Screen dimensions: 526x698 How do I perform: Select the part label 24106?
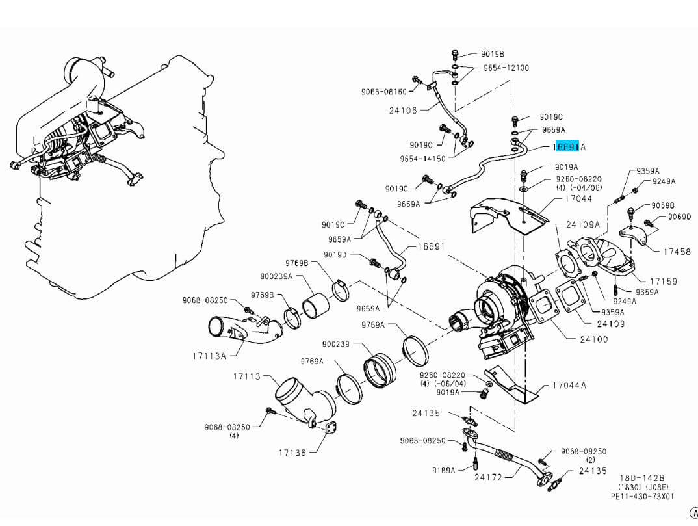pos(403,111)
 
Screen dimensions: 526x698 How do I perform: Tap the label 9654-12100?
pos(506,68)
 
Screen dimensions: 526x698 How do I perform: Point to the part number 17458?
pos(677,252)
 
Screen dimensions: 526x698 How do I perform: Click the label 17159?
pos(664,282)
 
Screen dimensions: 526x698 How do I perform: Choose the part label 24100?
pos(594,339)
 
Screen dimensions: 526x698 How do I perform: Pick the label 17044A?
pos(569,385)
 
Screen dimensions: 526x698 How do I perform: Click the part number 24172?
pos(488,477)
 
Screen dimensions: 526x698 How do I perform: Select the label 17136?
pos(292,453)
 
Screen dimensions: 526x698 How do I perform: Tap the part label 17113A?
pos(209,356)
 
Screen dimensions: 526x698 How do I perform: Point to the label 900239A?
pos(276,276)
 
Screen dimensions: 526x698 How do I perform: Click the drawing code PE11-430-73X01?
pos(643,496)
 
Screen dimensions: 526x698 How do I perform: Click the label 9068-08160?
pos(384,92)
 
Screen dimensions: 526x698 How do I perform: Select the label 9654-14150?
pos(423,159)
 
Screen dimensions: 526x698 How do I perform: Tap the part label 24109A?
pos(583,224)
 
